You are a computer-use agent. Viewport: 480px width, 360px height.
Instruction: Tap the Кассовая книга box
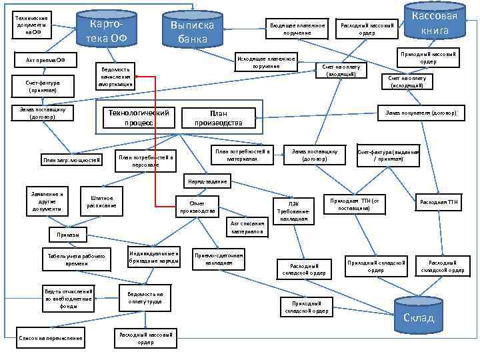pos(435,23)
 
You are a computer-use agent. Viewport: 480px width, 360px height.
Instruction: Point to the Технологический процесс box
pos(138,117)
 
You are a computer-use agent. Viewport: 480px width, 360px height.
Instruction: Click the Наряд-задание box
pos(207,181)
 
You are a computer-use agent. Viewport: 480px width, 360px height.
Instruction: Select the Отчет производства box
pos(197,207)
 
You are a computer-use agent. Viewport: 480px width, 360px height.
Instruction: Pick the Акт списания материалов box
pos(247,227)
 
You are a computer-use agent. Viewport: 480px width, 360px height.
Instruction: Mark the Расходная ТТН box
pos(438,202)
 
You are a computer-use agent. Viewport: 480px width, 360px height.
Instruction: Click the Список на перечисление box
pos(51,338)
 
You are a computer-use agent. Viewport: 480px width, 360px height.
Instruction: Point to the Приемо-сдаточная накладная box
pos(219,259)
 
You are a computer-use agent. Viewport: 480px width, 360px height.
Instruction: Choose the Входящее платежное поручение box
pos(297,29)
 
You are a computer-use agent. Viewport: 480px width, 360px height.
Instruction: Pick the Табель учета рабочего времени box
pos(67,260)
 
